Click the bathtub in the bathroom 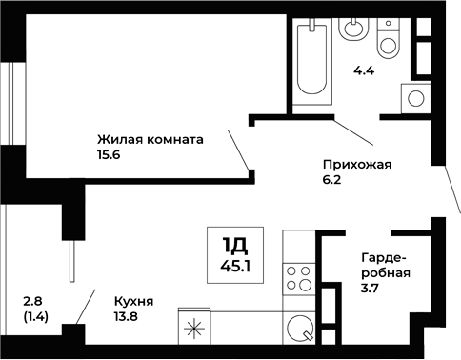313,59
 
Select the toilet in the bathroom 389,40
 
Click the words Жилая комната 150,138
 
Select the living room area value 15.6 110,155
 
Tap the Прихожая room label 358,164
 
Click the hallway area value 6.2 333,180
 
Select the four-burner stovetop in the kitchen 299,277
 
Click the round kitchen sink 300,330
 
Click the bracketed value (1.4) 37,319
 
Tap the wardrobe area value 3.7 371,290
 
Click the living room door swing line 240,149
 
